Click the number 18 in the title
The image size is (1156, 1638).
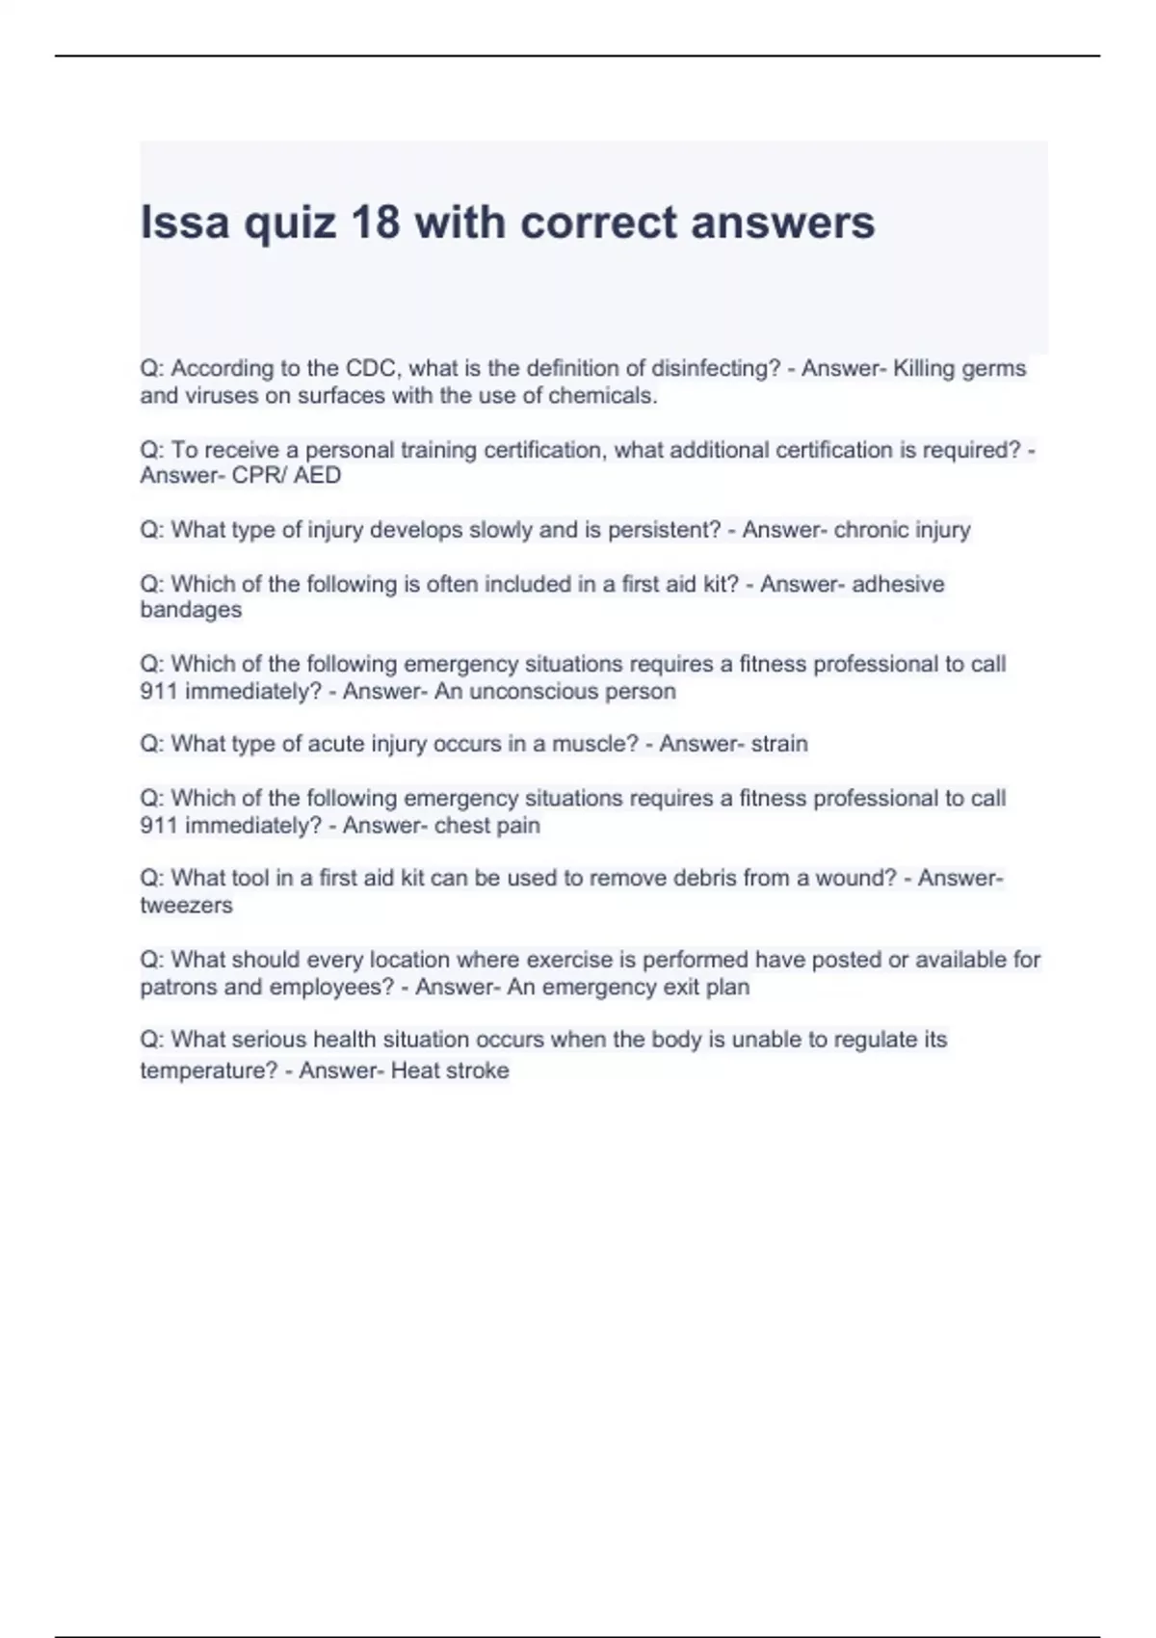click(375, 223)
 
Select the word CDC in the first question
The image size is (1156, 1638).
click(370, 368)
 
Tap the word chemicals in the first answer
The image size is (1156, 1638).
click(602, 395)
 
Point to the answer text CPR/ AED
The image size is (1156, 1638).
click(286, 475)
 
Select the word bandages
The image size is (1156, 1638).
click(191, 610)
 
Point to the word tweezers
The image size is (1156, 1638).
click(186, 905)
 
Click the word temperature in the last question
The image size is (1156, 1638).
click(208, 1070)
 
